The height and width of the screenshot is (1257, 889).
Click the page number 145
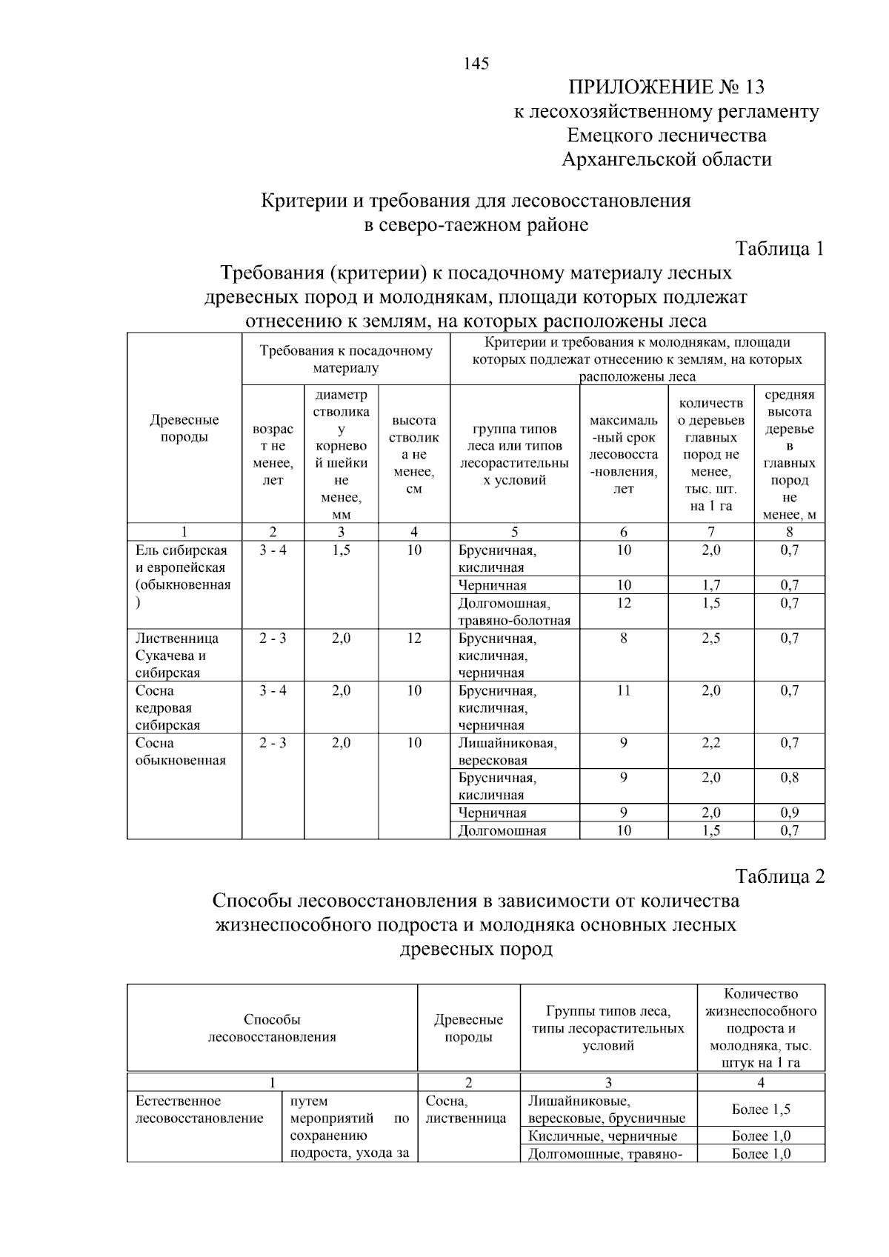click(476, 64)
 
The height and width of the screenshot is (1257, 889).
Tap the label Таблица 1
click(779, 249)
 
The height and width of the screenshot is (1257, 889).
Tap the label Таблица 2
click(779, 877)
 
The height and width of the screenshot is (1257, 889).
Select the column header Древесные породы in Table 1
click(184, 429)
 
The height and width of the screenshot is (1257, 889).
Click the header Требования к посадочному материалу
click(345, 359)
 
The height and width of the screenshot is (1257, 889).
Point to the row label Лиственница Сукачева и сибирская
click(178, 656)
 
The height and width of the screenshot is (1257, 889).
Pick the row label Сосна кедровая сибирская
click(168, 708)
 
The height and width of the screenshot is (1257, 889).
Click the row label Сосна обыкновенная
click(180, 752)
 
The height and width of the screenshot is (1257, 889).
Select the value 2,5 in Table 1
click(710, 638)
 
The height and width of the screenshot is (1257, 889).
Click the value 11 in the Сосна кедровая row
click(624, 691)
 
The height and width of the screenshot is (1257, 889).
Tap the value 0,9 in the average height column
click(789, 813)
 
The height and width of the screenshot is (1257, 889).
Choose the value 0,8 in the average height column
click(789, 778)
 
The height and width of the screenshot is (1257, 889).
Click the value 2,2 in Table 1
click(710, 743)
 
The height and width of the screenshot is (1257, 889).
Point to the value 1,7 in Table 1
click(710, 586)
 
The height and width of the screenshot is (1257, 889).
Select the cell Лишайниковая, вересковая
click(507, 752)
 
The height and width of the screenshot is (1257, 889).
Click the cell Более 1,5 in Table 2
click(761, 1110)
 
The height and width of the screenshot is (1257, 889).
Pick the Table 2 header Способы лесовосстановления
click(272, 1028)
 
